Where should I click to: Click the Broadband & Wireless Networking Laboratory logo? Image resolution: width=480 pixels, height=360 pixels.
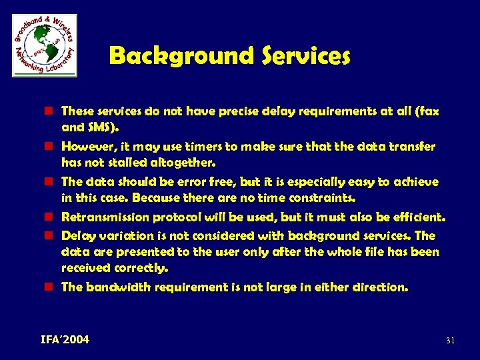coord(45,45)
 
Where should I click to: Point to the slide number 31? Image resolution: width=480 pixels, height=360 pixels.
coord(450,341)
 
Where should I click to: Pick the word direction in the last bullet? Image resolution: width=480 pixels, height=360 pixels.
coord(380,287)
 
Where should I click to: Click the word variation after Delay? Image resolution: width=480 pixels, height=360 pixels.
coord(117,235)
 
